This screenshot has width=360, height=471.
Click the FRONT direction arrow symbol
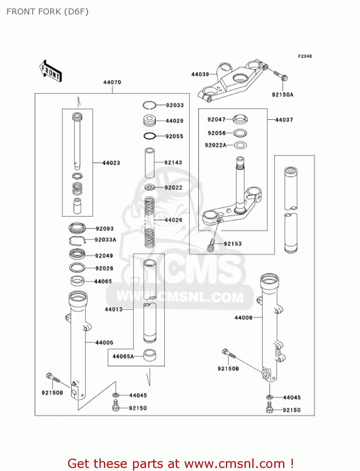(51, 71)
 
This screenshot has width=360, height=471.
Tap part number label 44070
(112, 82)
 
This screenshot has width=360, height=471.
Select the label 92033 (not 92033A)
(175, 105)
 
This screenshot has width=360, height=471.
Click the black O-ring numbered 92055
(150, 136)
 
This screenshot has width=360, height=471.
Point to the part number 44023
(111, 163)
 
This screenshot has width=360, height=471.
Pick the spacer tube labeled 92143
(150, 163)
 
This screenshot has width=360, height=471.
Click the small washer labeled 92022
(150, 187)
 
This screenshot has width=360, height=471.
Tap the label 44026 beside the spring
(174, 220)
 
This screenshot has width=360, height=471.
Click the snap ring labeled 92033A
(77, 241)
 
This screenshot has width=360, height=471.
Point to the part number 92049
(104, 256)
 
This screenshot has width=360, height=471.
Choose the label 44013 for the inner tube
(114, 309)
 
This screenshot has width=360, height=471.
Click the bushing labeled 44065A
(150, 355)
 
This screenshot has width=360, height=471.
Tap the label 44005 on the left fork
(104, 343)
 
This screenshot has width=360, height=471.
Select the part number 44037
(284, 120)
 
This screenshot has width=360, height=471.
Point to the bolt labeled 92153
(211, 245)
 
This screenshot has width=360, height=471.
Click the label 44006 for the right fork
(244, 317)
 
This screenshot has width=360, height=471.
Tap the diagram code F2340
(305, 56)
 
